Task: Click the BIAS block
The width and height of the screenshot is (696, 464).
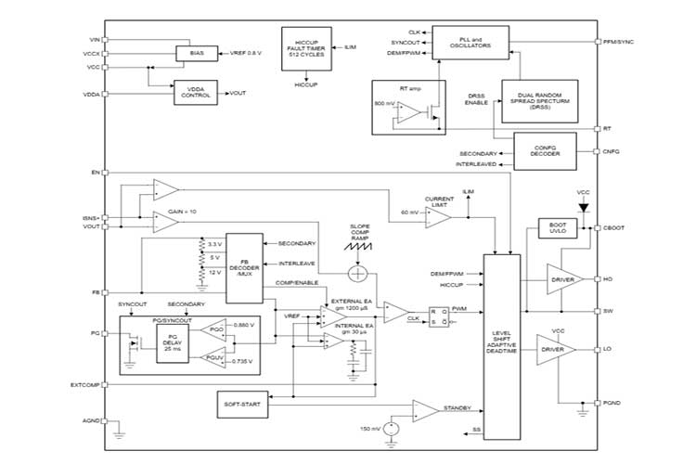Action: (196, 55)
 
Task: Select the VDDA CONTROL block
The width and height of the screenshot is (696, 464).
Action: (195, 93)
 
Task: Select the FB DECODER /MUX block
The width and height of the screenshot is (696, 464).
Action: (245, 267)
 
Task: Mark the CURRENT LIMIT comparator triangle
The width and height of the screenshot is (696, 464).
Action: (439, 216)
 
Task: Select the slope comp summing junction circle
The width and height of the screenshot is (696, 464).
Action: (359, 273)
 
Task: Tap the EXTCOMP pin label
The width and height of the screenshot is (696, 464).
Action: (85, 384)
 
